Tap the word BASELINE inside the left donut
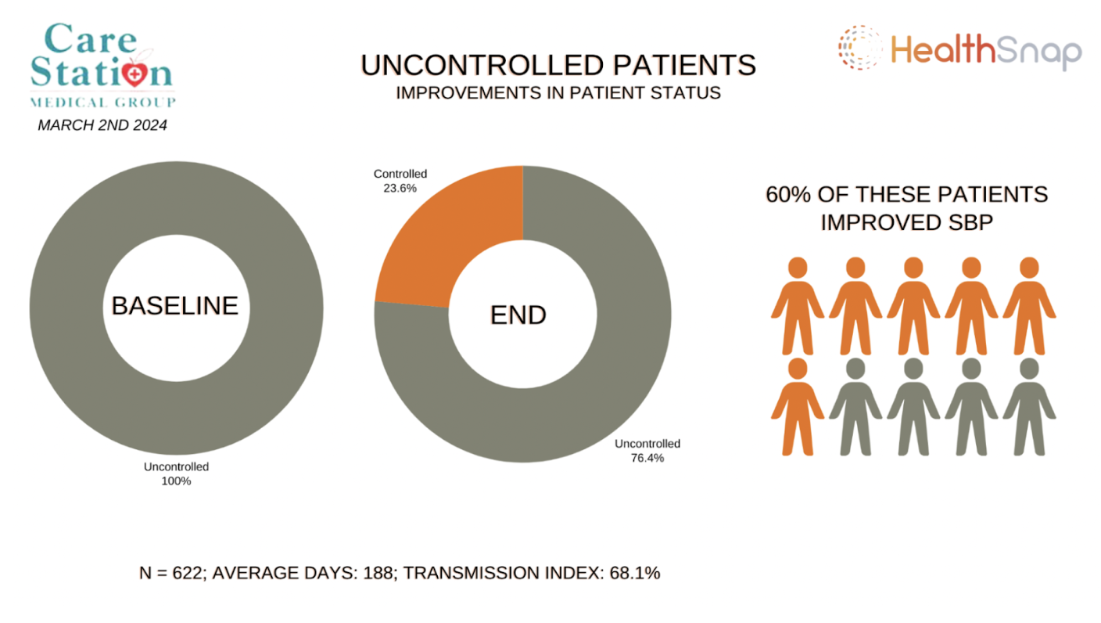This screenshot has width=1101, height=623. (x=174, y=305)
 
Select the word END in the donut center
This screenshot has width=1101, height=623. (x=518, y=315)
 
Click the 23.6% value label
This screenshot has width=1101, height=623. (x=400, y=189)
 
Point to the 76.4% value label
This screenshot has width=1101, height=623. (x=647, y=458)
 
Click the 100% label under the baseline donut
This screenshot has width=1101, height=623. (x=177, y=481)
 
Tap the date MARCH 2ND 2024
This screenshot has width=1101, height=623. (x=102, y=124)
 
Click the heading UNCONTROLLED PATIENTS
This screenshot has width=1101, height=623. (x=558, y=65)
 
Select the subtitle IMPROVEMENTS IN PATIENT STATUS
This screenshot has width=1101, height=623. (x=558, y=92)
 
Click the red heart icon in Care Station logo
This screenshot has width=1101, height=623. (x=138, y=76)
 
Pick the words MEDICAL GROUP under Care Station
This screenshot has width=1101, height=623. (x=102, y=103)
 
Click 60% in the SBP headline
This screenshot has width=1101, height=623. (x=791, y=194)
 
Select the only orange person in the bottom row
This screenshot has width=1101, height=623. (x=797, y=407)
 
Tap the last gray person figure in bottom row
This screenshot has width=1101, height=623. (x=1029, y=407)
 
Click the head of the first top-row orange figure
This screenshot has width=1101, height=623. (x=797, y=268)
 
